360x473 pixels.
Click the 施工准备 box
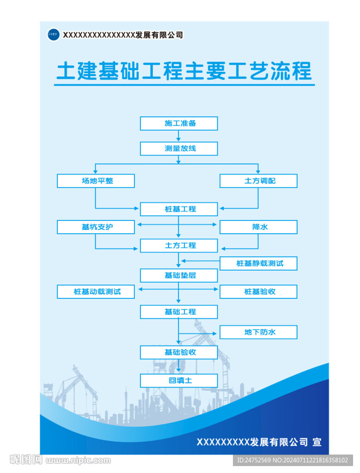tap(179, 123)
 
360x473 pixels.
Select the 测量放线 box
tap(179, 148)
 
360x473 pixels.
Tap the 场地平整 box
tap(96, 181)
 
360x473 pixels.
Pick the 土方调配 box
tap(258, 181)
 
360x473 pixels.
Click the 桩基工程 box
tap(179, 209)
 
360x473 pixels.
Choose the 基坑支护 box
tap(96, 227)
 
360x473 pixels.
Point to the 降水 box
tap(258, 227)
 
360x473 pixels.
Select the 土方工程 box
tap(179, 246)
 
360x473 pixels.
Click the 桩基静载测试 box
tap(258, 263)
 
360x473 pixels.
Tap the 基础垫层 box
tap(179, 275)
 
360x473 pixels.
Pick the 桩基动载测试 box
tap(96, 292)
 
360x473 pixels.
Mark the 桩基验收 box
tap(258, 292)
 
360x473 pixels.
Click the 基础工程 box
tap(179, 312)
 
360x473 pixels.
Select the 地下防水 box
tap(258, 332)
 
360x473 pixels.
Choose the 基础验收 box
tap(179, 352)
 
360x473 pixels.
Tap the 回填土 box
tap(179, 381)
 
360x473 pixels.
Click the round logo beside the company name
tap(54, 34)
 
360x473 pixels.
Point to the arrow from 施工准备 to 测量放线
tap(178, 136)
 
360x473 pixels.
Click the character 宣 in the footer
tap(317, 442)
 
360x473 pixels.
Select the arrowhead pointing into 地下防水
tap(214, 334)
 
